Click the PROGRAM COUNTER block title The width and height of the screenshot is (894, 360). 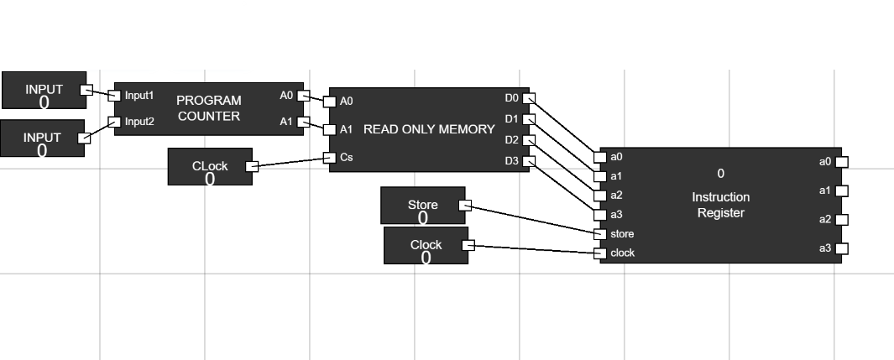point(209,108)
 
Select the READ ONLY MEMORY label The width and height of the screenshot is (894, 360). point(429,129)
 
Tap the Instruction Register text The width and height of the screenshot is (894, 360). point(720,205)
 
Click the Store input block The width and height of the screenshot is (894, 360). point(422,205)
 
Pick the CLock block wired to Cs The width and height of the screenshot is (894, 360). point(209,166)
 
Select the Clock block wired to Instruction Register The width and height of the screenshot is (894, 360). point(426,245)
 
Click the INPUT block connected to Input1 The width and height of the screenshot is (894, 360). point(43,90)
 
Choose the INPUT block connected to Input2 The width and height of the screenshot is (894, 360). point(42,138)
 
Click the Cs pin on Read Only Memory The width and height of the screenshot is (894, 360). point(329,157)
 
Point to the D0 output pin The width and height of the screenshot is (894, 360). point(529,99)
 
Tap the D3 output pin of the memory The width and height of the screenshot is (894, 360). point(529,161)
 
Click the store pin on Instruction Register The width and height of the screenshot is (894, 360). point(599,234)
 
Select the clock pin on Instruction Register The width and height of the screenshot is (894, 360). point(599,253)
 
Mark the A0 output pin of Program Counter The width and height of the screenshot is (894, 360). point(303,96)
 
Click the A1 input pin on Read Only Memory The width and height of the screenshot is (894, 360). point(329,129)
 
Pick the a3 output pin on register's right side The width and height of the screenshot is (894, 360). point(841,248)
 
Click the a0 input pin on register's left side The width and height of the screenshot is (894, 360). point(599,157)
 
